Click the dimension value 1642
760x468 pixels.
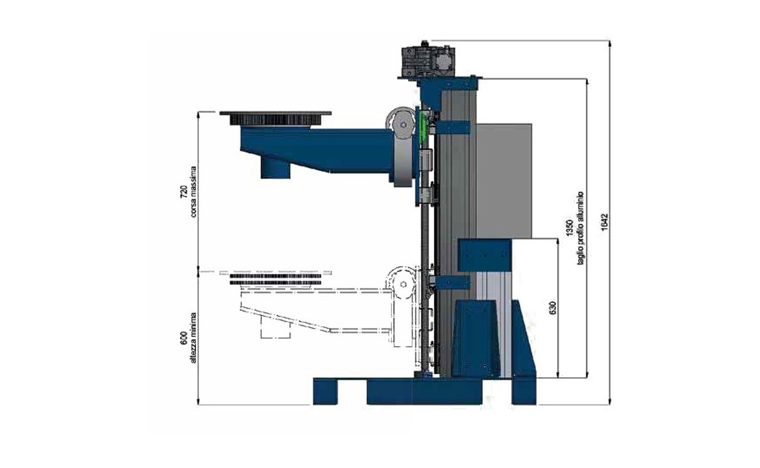[x=605, y=222]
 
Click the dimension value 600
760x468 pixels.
[x=184, y=338]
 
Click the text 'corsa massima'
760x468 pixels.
[x=194, y=191]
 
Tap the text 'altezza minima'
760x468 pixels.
[x=194, y=338]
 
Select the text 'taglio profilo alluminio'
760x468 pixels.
[x=581, y=228]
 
